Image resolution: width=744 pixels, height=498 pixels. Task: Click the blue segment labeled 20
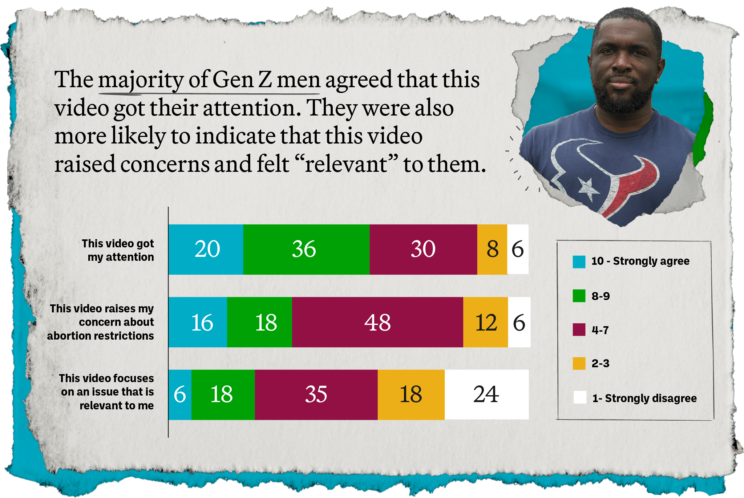pyautogui.click(x=206, y=249)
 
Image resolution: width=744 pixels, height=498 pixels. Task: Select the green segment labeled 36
pyautogui.click(x=306, y=249)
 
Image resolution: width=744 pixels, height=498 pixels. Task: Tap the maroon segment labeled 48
pyautogui.click(x=377, y=322)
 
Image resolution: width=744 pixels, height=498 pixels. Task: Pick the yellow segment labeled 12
pyautogui.click(x=485, y=322)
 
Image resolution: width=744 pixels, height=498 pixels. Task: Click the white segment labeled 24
pyautogui.click(x=486, y=394)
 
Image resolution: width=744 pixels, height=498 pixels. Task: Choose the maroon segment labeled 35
pyautogui.click(x=316, y=394)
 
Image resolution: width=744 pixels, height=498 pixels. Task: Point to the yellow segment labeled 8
pyautogui.click(x=492, y=249)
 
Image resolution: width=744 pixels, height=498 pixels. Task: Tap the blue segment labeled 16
pyautogui.click(x=198, y=322)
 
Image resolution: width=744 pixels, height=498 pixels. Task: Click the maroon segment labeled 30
pyautogui.click(x=423, y=249)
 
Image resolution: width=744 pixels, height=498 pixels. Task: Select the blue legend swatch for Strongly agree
pyautogui.click(x=579, y=262)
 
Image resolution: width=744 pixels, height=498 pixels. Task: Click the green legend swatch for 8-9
pyautogui.click(x=579, y=296)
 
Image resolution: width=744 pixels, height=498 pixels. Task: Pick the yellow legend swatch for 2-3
pyautogui.click(x=579, y=363)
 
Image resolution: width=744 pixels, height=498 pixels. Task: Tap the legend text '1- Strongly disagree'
pyautogui.click(x=644, y=398)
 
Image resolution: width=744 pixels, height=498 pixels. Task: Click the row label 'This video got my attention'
pyautogui.click(x=118, y=250)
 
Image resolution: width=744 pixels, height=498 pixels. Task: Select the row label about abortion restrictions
pyautogui.click(x=101, y=322)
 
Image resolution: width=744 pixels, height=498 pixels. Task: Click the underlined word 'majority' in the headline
pyautogui.click(x=141, y=80)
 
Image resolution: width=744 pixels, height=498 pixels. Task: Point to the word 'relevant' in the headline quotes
pyautogui.click(x=346, y=164)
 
